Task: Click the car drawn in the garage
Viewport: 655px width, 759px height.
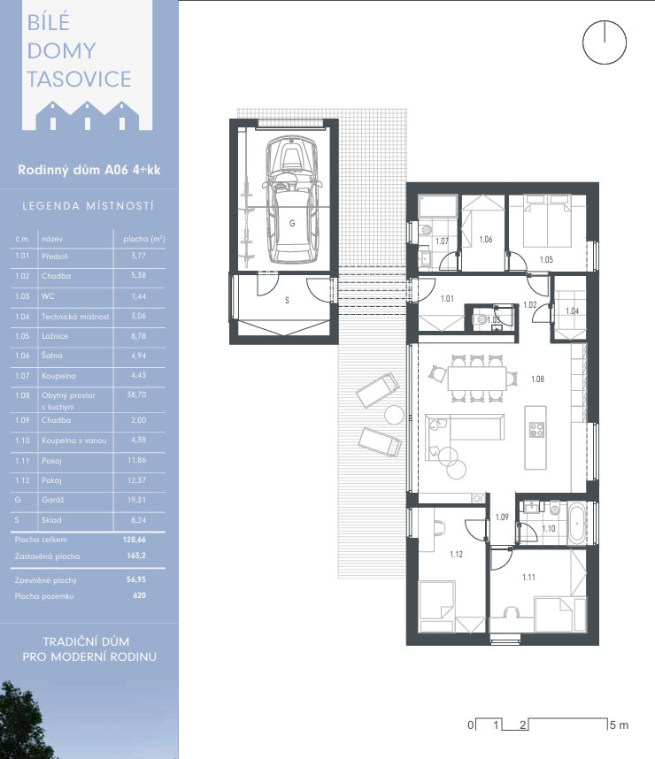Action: coord(291,199)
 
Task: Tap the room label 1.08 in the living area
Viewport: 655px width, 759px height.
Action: coord(537,379)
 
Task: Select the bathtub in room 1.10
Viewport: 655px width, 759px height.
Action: coord(576,524)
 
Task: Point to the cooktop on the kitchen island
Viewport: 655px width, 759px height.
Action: coord(536,430)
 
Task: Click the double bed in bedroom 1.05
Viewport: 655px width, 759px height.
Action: coord(546,221)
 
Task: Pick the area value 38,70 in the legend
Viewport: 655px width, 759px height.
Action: coord(136,395)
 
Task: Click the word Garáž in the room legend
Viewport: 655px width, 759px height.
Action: coord(53,500)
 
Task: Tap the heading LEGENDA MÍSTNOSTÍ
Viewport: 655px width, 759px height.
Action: coord(89,206)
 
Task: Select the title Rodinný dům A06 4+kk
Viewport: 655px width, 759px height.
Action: coord(89,170)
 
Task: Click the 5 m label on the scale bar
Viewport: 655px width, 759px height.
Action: coord(619,725)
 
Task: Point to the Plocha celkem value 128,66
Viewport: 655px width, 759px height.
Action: coord(135,540)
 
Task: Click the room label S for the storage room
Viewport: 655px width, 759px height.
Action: coord(287,301)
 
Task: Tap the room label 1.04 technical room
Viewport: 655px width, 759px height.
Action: coord(572,310)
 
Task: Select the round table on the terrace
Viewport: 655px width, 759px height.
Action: coord(394,415)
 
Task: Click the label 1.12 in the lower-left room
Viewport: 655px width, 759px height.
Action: coord(456,555)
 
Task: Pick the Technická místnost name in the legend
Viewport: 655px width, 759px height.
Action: coord(75,317)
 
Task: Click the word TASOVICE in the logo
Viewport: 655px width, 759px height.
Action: coord(79,79)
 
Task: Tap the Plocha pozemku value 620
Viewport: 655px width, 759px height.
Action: coord(140,595)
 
